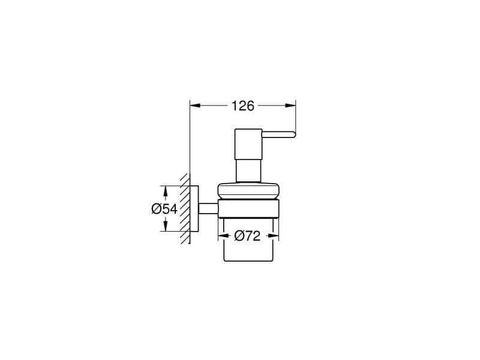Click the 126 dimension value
[x=242, y=106]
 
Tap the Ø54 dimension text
[x=164, y=209]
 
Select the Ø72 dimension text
[x=247, y=236]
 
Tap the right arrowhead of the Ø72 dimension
[x=274, y=236]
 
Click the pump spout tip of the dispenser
[x=292, y=133]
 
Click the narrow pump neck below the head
[x=248, y=169]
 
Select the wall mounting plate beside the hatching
[x=195, y=209]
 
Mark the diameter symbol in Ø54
[x=155, y=209]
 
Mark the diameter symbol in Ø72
[x=238, y=236]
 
